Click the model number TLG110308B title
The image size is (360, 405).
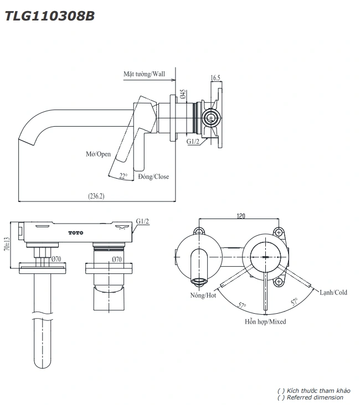50,16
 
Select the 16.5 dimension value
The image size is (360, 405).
216,79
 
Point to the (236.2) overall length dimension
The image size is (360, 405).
96,195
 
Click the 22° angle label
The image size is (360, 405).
123,176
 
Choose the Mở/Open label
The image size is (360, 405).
98,154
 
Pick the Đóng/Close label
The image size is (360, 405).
153,176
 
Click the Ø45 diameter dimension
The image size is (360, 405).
182,95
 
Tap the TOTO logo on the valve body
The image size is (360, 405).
75,232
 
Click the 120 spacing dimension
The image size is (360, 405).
241,216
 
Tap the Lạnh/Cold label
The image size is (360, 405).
333,292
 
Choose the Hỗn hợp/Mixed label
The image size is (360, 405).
266,321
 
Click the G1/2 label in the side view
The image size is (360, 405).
193,142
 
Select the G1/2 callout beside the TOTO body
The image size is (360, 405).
143,221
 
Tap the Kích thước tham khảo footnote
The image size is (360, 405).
314,391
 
